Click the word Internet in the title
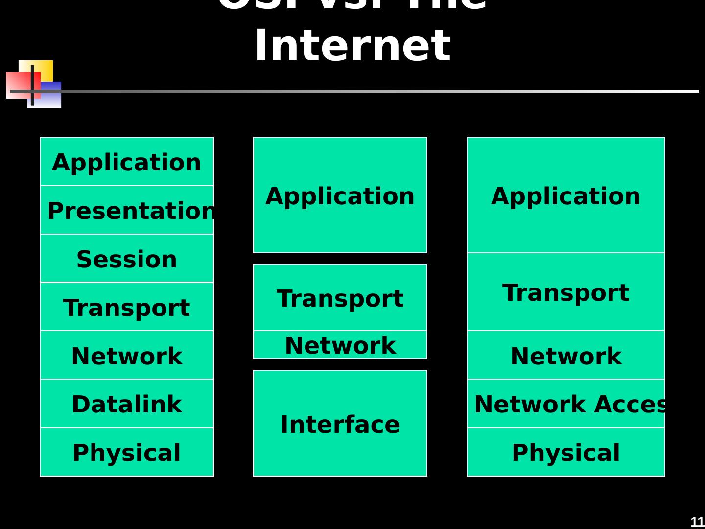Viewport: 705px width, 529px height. [352, 46]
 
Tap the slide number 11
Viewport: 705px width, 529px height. [697, 522]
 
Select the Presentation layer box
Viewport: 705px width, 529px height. [127, 210]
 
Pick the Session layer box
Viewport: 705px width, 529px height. [127, 259]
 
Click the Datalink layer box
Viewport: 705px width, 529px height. [127, 404]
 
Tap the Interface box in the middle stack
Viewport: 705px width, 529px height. [340, 423]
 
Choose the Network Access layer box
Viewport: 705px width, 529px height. [566, 404]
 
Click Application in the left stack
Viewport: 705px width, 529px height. [127, 162]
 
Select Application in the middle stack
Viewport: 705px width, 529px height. [340, 195]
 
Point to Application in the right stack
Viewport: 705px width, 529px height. [566, 195]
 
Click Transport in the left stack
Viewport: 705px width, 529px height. [127, 307]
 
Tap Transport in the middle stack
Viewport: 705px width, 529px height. [340, 298]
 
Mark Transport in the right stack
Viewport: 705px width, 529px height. [566, 292]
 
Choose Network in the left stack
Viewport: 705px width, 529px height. [127, 355]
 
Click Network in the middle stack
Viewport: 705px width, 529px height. [340, 345]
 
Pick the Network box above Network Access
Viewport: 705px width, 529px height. [566, 355]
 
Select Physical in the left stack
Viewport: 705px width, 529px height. [127, 452]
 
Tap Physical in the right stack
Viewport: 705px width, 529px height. [566, 452]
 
